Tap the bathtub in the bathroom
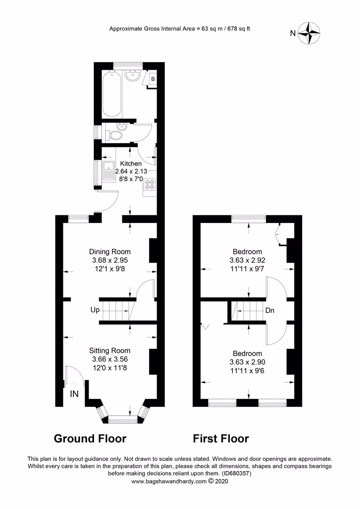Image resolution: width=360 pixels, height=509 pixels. pos(111,94)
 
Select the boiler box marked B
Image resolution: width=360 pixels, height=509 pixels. pos(153,80)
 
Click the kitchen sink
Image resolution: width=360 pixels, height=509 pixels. pos(109,171)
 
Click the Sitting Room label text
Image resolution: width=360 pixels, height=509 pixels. pos(110,351)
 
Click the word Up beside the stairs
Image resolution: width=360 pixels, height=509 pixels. pos(95,310)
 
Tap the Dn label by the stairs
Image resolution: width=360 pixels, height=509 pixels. pos(270,310)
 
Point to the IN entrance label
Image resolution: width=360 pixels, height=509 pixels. pos(75,394)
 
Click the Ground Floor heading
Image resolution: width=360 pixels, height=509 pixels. pos(90,438)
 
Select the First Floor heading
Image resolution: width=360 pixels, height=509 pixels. pos(221,438)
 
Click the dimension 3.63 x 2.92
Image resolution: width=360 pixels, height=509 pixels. pos(247,260)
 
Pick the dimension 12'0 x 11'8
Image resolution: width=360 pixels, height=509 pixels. pos(110,368)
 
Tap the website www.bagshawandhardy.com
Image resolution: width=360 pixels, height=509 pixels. pos(169,482)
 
